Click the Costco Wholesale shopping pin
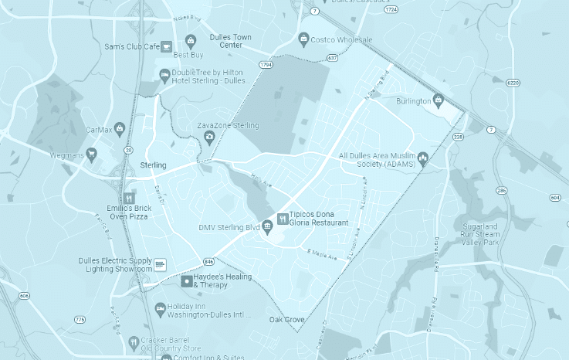coord(304,39)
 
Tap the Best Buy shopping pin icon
coord(191,41)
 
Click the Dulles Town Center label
coord(231,41)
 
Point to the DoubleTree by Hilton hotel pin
coord(164,75)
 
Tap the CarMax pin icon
coord(119,128)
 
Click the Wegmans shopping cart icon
coord(92,155)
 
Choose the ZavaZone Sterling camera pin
coord(209,138)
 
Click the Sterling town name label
coord(153,166)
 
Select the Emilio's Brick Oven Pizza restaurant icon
coord(128,197)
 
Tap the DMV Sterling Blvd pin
coord(267,226)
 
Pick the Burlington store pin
coord(439,100)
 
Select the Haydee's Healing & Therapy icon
coord(185,281)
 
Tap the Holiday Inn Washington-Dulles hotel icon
coord(161,308)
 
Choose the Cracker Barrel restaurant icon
coord(134,341)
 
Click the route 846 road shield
coord(209,263)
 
